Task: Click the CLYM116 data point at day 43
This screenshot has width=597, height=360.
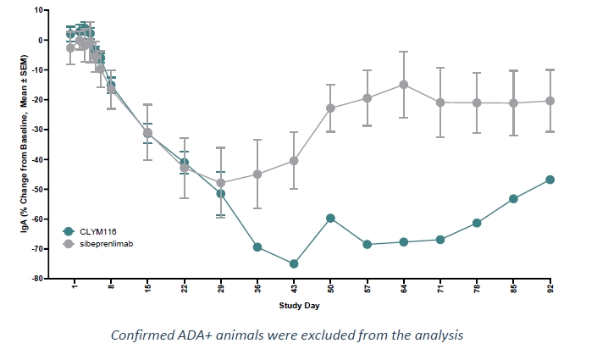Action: (294, 264)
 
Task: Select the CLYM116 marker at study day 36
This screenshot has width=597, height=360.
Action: (257, 247)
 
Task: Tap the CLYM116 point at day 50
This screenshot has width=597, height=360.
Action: (330, 219)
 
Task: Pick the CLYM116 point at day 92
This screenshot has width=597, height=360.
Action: (550, 180)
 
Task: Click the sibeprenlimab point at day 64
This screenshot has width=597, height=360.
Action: (403, 85)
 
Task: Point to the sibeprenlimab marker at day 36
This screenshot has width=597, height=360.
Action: (257, 174)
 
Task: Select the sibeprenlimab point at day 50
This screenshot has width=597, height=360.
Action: (330, 108)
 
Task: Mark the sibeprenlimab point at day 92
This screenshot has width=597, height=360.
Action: (550, 101)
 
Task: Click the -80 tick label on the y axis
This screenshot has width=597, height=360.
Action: (36, 278)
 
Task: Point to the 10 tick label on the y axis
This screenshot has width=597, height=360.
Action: (39, 10)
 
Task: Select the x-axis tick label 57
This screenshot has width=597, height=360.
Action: (367, 288)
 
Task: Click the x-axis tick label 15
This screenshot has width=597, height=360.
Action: (147, 288)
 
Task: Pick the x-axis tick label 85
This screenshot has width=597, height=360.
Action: (513, 288)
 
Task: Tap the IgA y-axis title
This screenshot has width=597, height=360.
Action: (17, 144)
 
